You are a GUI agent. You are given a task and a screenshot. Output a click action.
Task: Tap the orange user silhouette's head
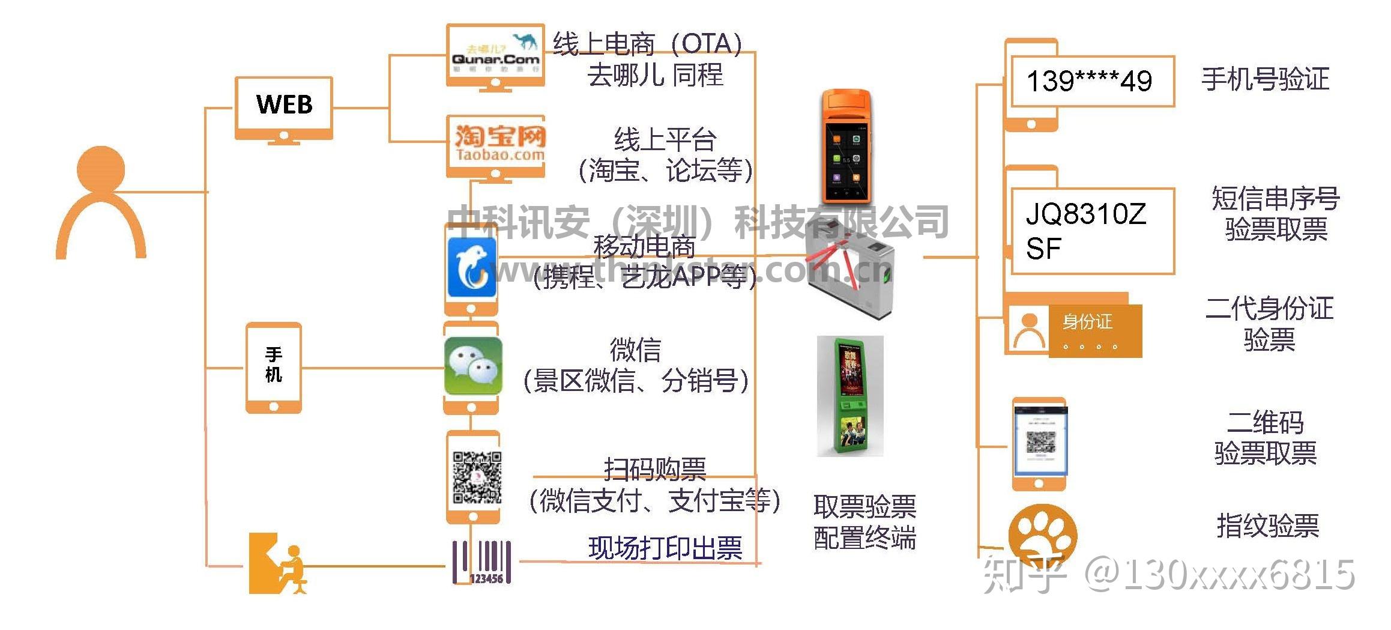click(101, 169)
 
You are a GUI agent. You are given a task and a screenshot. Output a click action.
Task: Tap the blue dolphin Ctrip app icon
click(472, 268)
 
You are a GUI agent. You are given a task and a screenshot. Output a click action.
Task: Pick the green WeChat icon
click(472, 366)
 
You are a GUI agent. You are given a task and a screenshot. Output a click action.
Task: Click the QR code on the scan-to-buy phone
click(477, 477)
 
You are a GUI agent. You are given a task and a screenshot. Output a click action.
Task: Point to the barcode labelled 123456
click(482, 562)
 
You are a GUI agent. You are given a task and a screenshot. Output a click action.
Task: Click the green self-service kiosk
click(849, 396)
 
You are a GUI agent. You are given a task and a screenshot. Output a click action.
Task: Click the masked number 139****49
click(1089, 81)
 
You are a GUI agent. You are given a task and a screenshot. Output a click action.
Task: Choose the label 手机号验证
click(1265, 79)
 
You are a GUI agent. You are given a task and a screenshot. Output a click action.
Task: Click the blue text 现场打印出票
click(665, 548)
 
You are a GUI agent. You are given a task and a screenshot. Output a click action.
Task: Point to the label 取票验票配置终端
click(864, 522)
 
